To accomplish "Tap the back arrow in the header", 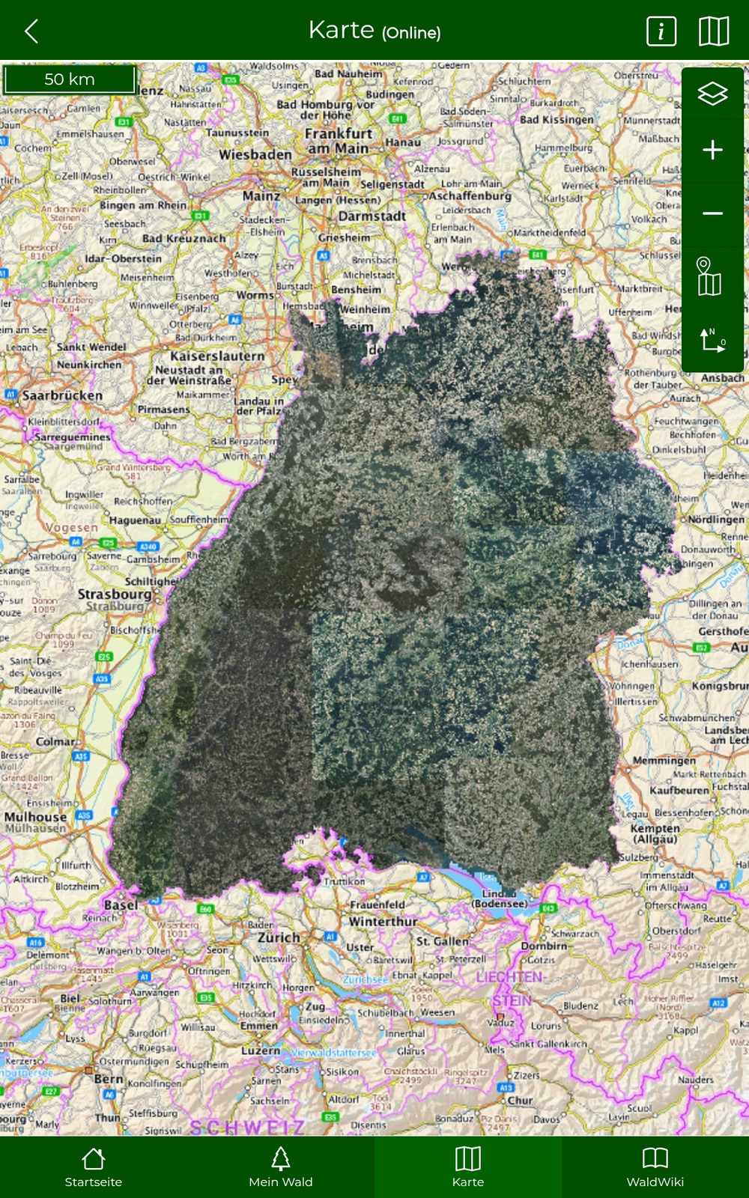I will coord(31,31).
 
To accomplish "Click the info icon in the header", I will coord(661,31).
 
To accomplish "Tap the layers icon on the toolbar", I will coord(712,94).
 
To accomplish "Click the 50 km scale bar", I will coord(70,79).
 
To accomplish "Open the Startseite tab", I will coord(94,1167).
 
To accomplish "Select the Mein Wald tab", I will coord(281,1167).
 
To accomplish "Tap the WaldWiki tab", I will coord(655,1167).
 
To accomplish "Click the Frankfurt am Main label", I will coord(339,141).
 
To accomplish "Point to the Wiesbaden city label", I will coord(255,155).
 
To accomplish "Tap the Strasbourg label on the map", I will coord(115,595).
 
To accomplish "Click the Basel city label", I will coord(121,905).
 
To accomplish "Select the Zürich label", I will coord(279,937).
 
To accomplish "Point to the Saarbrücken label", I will coord(62,395).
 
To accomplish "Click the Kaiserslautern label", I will coord(217,356).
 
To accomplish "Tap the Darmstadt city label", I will coord(372,216).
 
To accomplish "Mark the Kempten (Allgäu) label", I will coord(655,833).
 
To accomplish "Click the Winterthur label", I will coord(383,922).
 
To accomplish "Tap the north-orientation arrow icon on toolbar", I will coord(712,340).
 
